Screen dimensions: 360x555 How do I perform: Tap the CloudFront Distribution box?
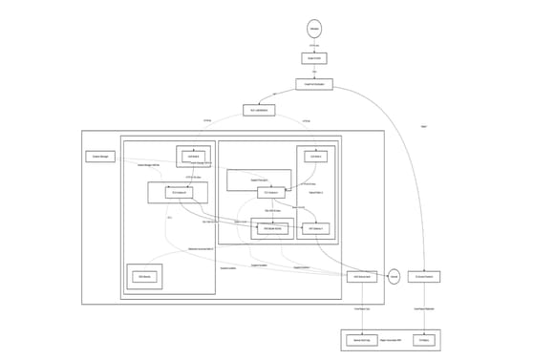[314, 85]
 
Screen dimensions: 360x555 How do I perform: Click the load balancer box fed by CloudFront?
[259, 111]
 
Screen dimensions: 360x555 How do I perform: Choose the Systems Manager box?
[100, 156]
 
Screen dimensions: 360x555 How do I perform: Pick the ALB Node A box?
[194, 156]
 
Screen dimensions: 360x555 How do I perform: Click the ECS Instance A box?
[177, 193]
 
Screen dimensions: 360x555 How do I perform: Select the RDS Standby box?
[144, 277]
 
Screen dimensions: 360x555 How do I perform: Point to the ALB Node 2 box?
[316, 156]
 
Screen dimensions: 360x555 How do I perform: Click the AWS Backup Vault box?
[362, 277]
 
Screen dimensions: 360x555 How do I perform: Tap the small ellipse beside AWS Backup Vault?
[394, 277]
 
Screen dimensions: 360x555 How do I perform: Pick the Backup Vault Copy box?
[362, 339]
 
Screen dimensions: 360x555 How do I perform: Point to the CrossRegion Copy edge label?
[362, 308]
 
